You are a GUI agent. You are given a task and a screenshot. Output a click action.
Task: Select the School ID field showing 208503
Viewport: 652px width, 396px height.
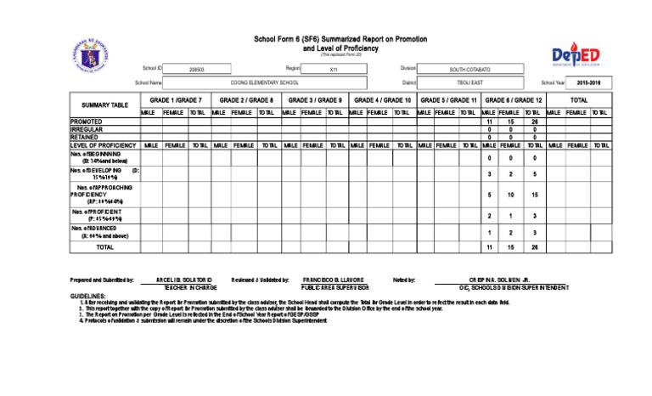(x=196, y=69)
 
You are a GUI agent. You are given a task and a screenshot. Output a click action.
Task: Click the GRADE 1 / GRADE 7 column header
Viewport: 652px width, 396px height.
(x=175, y=100)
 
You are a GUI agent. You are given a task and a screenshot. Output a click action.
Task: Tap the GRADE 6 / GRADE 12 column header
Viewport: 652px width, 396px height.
(x=513, y=100)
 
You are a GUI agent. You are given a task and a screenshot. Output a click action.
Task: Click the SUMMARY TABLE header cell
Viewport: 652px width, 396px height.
(x=105, y=105)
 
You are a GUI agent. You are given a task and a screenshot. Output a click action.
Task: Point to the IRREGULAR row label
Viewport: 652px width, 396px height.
(x=87, y=129)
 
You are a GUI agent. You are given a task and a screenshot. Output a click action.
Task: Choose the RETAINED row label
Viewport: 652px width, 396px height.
(x=84, y=137)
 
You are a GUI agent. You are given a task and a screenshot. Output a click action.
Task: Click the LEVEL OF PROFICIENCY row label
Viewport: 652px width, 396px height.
(x=103, y=145)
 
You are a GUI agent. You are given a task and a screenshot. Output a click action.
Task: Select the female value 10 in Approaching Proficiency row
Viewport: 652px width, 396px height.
(x=511, y=195)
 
